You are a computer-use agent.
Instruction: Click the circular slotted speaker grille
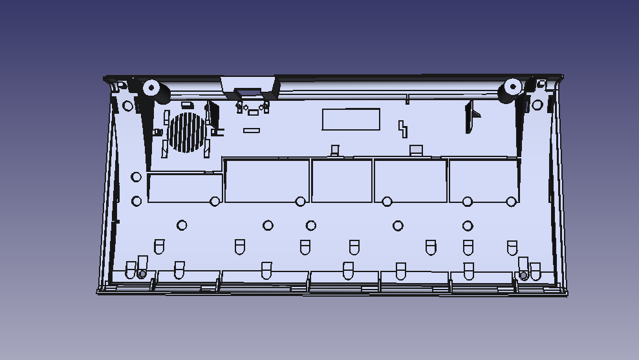186,132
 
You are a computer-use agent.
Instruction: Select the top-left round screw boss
151,87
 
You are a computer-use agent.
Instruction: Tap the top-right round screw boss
512,86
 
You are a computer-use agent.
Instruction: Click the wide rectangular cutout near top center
351,119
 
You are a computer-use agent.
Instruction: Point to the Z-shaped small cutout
402,128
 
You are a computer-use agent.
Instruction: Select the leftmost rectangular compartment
185,187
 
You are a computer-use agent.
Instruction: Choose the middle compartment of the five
341,181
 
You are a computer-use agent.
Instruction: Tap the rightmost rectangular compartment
483,181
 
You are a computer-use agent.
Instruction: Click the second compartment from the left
266,181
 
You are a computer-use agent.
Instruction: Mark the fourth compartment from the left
410,181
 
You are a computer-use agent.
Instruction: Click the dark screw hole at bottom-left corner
142,274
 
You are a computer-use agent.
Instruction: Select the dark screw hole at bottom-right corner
523,276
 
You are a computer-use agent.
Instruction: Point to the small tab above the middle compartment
335,151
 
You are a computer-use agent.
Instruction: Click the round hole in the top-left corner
127,105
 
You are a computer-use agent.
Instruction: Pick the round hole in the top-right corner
537,105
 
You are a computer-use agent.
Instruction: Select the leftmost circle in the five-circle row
182,225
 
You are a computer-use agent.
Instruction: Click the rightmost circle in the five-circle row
468,226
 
